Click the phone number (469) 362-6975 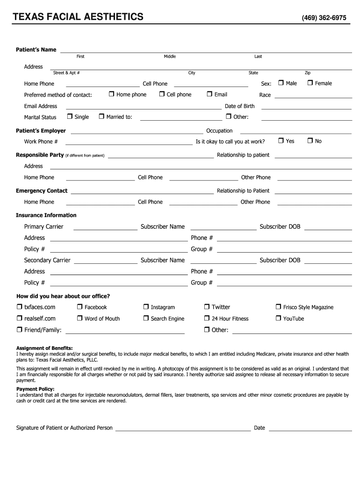pyautogui.click(x=324, y=18)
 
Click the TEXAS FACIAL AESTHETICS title pyautogui.click(x=78, y=17)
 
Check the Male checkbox pyautogui.click(x=281, y=83)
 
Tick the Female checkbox pyautogui.click(x=310, y=83)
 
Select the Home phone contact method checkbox pyautogui.click(x=112, y=94)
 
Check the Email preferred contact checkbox pyautogui.click(x=209, y=94)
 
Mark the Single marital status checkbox pyautogui.click(x=70, y=116)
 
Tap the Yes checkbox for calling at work pyautogui.click(x=281, y=140)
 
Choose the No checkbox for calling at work pyautogui.click(x=310, y=140)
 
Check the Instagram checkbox pyautogui.click(x=146, y=307)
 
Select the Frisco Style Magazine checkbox pyautogui.click(x=278, y=307)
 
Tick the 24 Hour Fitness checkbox pyautogui.click(x=207, y=318)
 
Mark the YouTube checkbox pyautogui.click(x=278, y=318)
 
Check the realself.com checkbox pyautogui.click(x=19, y=318)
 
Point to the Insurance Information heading pyautogui.click(x=46, y=215)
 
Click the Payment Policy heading pyautogui.click(x=36, y=389)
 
